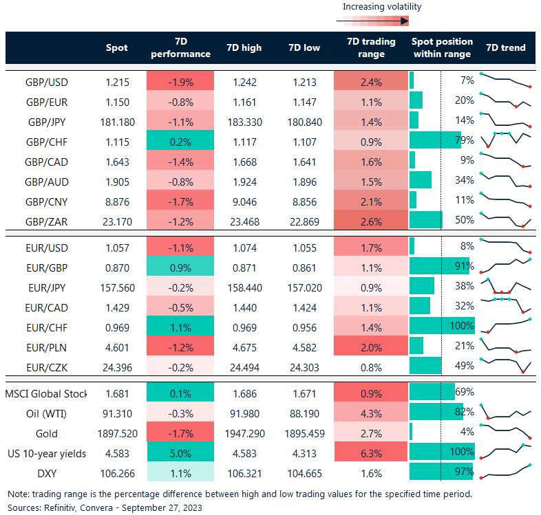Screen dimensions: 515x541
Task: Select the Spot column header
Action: coord(116,48)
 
